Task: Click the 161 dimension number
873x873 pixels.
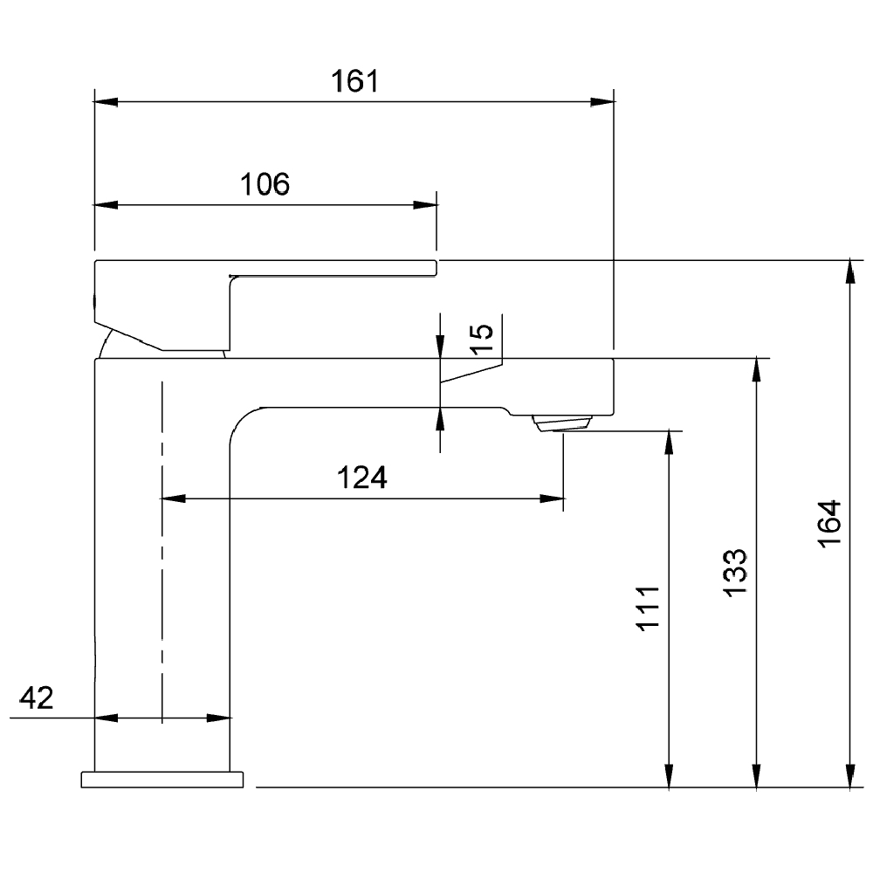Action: click(x=354, y=80)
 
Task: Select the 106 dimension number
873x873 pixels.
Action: click(x=265, y=184)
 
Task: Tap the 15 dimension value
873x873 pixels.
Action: click(x=482, y=339)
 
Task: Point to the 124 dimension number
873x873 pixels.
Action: click(x=362, y=478)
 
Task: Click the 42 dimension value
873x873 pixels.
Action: click(x=36, y=698)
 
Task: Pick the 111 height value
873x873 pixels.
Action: click(x=648, y=608)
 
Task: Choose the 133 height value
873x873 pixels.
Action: click(x=734, y=574)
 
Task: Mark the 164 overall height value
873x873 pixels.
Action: click(x=829, y=524)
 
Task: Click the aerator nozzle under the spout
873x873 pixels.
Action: click(x=561, y=423)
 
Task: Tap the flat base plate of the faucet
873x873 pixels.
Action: click(x=162, y=780)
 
